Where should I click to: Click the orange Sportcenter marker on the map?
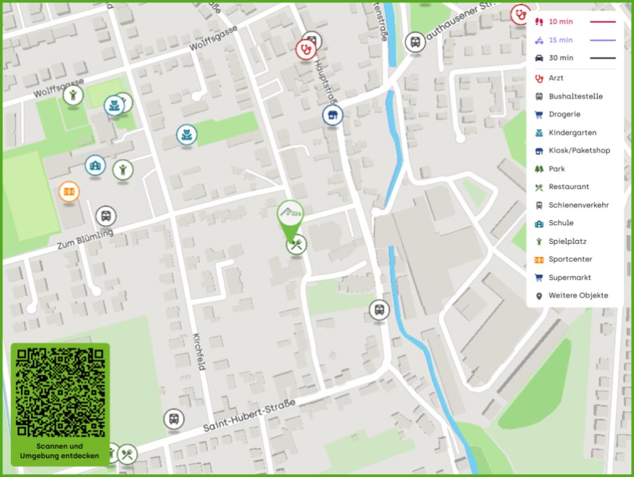click(69, 191)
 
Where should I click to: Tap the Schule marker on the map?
click(95, 166)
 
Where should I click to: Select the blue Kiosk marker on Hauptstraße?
click(332, 115)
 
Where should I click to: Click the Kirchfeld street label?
click(199, 351)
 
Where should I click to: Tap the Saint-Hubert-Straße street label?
click(249, 417)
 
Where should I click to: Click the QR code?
click(60, 392)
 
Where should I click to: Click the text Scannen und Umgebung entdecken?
click(60, 451)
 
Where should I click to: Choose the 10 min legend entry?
click(560, 22)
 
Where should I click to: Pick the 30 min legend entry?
click(560, 58)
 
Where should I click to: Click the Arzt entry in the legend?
click(556, 78)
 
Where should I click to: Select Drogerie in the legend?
click(564, 114)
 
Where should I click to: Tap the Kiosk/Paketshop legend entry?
click(579, 151)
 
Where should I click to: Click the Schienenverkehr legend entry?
click(578, 205)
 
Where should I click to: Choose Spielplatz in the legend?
click(567, 241)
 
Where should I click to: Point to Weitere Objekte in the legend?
click(578, 296)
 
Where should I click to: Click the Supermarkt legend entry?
click(570, 278)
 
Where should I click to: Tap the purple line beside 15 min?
click(602, 40)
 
